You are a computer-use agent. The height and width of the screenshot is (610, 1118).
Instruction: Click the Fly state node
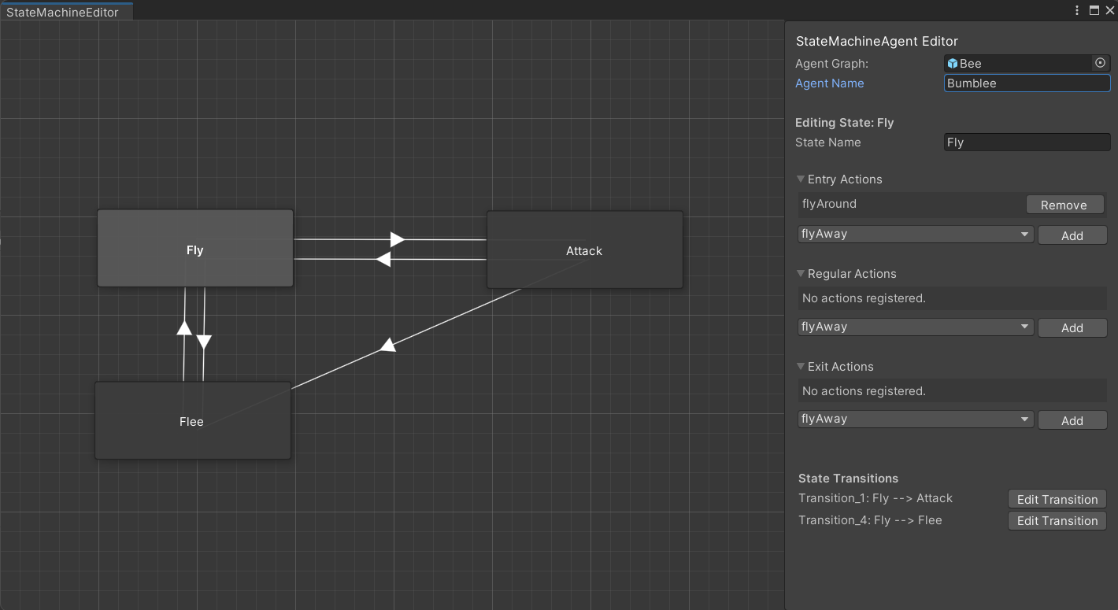195,248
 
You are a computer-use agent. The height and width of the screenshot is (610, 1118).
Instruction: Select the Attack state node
584,250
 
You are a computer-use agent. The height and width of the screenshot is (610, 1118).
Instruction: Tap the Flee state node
193,420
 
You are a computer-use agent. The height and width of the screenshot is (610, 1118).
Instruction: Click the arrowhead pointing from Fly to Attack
398,239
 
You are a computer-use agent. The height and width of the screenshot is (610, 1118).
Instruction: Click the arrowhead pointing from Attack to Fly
383,259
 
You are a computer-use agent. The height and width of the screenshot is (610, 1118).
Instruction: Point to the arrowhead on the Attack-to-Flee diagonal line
388,346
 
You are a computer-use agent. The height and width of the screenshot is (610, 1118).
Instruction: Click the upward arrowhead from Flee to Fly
184,327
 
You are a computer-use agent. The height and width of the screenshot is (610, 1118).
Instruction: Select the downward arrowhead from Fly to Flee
204,342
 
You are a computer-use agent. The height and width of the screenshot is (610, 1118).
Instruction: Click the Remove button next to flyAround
1064,205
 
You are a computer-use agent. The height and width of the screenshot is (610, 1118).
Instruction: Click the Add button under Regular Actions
1072,327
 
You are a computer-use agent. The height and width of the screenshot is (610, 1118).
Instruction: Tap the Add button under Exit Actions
1072,420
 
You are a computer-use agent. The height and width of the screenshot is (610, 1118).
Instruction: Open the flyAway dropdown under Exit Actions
915,419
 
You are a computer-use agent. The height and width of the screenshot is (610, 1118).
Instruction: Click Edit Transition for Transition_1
1057,499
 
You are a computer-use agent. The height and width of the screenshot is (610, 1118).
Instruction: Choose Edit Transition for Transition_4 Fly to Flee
1057,521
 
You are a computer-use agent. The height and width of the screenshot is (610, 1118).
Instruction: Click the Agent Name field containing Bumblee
1027,83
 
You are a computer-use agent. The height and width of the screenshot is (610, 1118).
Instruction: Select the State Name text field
1027,142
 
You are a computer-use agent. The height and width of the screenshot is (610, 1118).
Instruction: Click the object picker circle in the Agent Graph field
1100,63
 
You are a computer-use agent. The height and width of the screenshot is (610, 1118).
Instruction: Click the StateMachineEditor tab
63,12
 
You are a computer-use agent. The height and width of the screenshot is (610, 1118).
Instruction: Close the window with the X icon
1110,10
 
